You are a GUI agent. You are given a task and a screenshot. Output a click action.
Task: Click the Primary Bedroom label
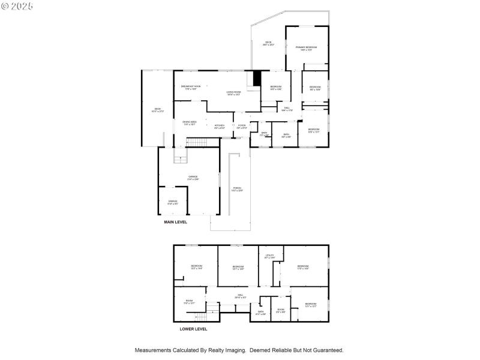coord(306,48)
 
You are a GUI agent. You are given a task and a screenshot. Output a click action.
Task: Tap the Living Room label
coord(233,93)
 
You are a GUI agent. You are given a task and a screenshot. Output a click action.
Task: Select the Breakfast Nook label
coord(191,87)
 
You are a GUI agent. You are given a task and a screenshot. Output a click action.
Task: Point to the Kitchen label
coord(220,127)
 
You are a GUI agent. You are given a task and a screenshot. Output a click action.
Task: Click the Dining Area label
coord(190,123)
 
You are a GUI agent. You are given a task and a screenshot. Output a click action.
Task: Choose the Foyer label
coord(241,127)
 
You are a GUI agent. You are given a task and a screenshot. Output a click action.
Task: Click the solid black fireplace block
coord(257,79)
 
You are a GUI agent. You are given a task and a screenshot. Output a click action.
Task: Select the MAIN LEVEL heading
coord(176,222)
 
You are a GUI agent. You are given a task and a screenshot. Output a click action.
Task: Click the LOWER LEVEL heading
coord(193,329)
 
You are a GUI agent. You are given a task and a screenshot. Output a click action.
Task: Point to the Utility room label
coord(269,257)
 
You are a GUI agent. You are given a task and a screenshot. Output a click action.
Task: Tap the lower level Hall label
coord(240,296)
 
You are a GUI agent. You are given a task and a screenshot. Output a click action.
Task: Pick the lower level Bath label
coord(261,313)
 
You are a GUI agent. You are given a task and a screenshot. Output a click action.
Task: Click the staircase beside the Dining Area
coord(197,142)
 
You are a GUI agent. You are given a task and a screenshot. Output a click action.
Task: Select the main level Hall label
coord(287,109)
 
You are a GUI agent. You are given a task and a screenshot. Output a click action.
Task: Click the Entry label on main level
coord(263,135)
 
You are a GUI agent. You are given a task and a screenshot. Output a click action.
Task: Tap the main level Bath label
coord(286,136)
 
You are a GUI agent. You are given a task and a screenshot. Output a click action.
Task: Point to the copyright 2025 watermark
coord(18,6)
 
